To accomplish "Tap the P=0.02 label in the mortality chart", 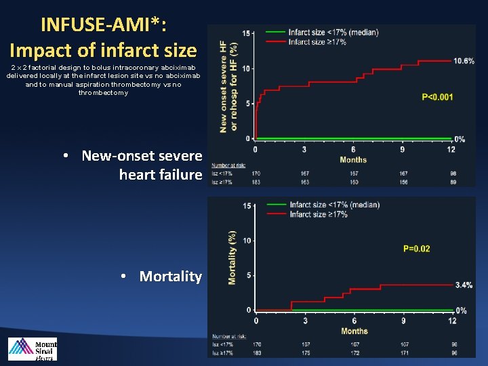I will (x=416, y=249).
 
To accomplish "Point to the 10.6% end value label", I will (x=464, y=61).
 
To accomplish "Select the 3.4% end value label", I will (x=464, y=285).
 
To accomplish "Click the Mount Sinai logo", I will (x=33, y=348).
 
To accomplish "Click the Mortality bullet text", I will (x=170, y=277).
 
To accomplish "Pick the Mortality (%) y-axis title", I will (x=232, y=258).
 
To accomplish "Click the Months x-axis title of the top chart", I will (x=352, y=160).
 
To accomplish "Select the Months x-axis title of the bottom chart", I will (x=354, y=331).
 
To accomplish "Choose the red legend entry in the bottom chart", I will (x=319, y=214).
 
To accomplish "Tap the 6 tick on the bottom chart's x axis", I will (x=354, y=321).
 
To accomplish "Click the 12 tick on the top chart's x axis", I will (x=451, y=150).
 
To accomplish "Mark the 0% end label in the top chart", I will (x=460, y=140).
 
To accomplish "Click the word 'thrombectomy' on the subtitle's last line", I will (x=102, y=93).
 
